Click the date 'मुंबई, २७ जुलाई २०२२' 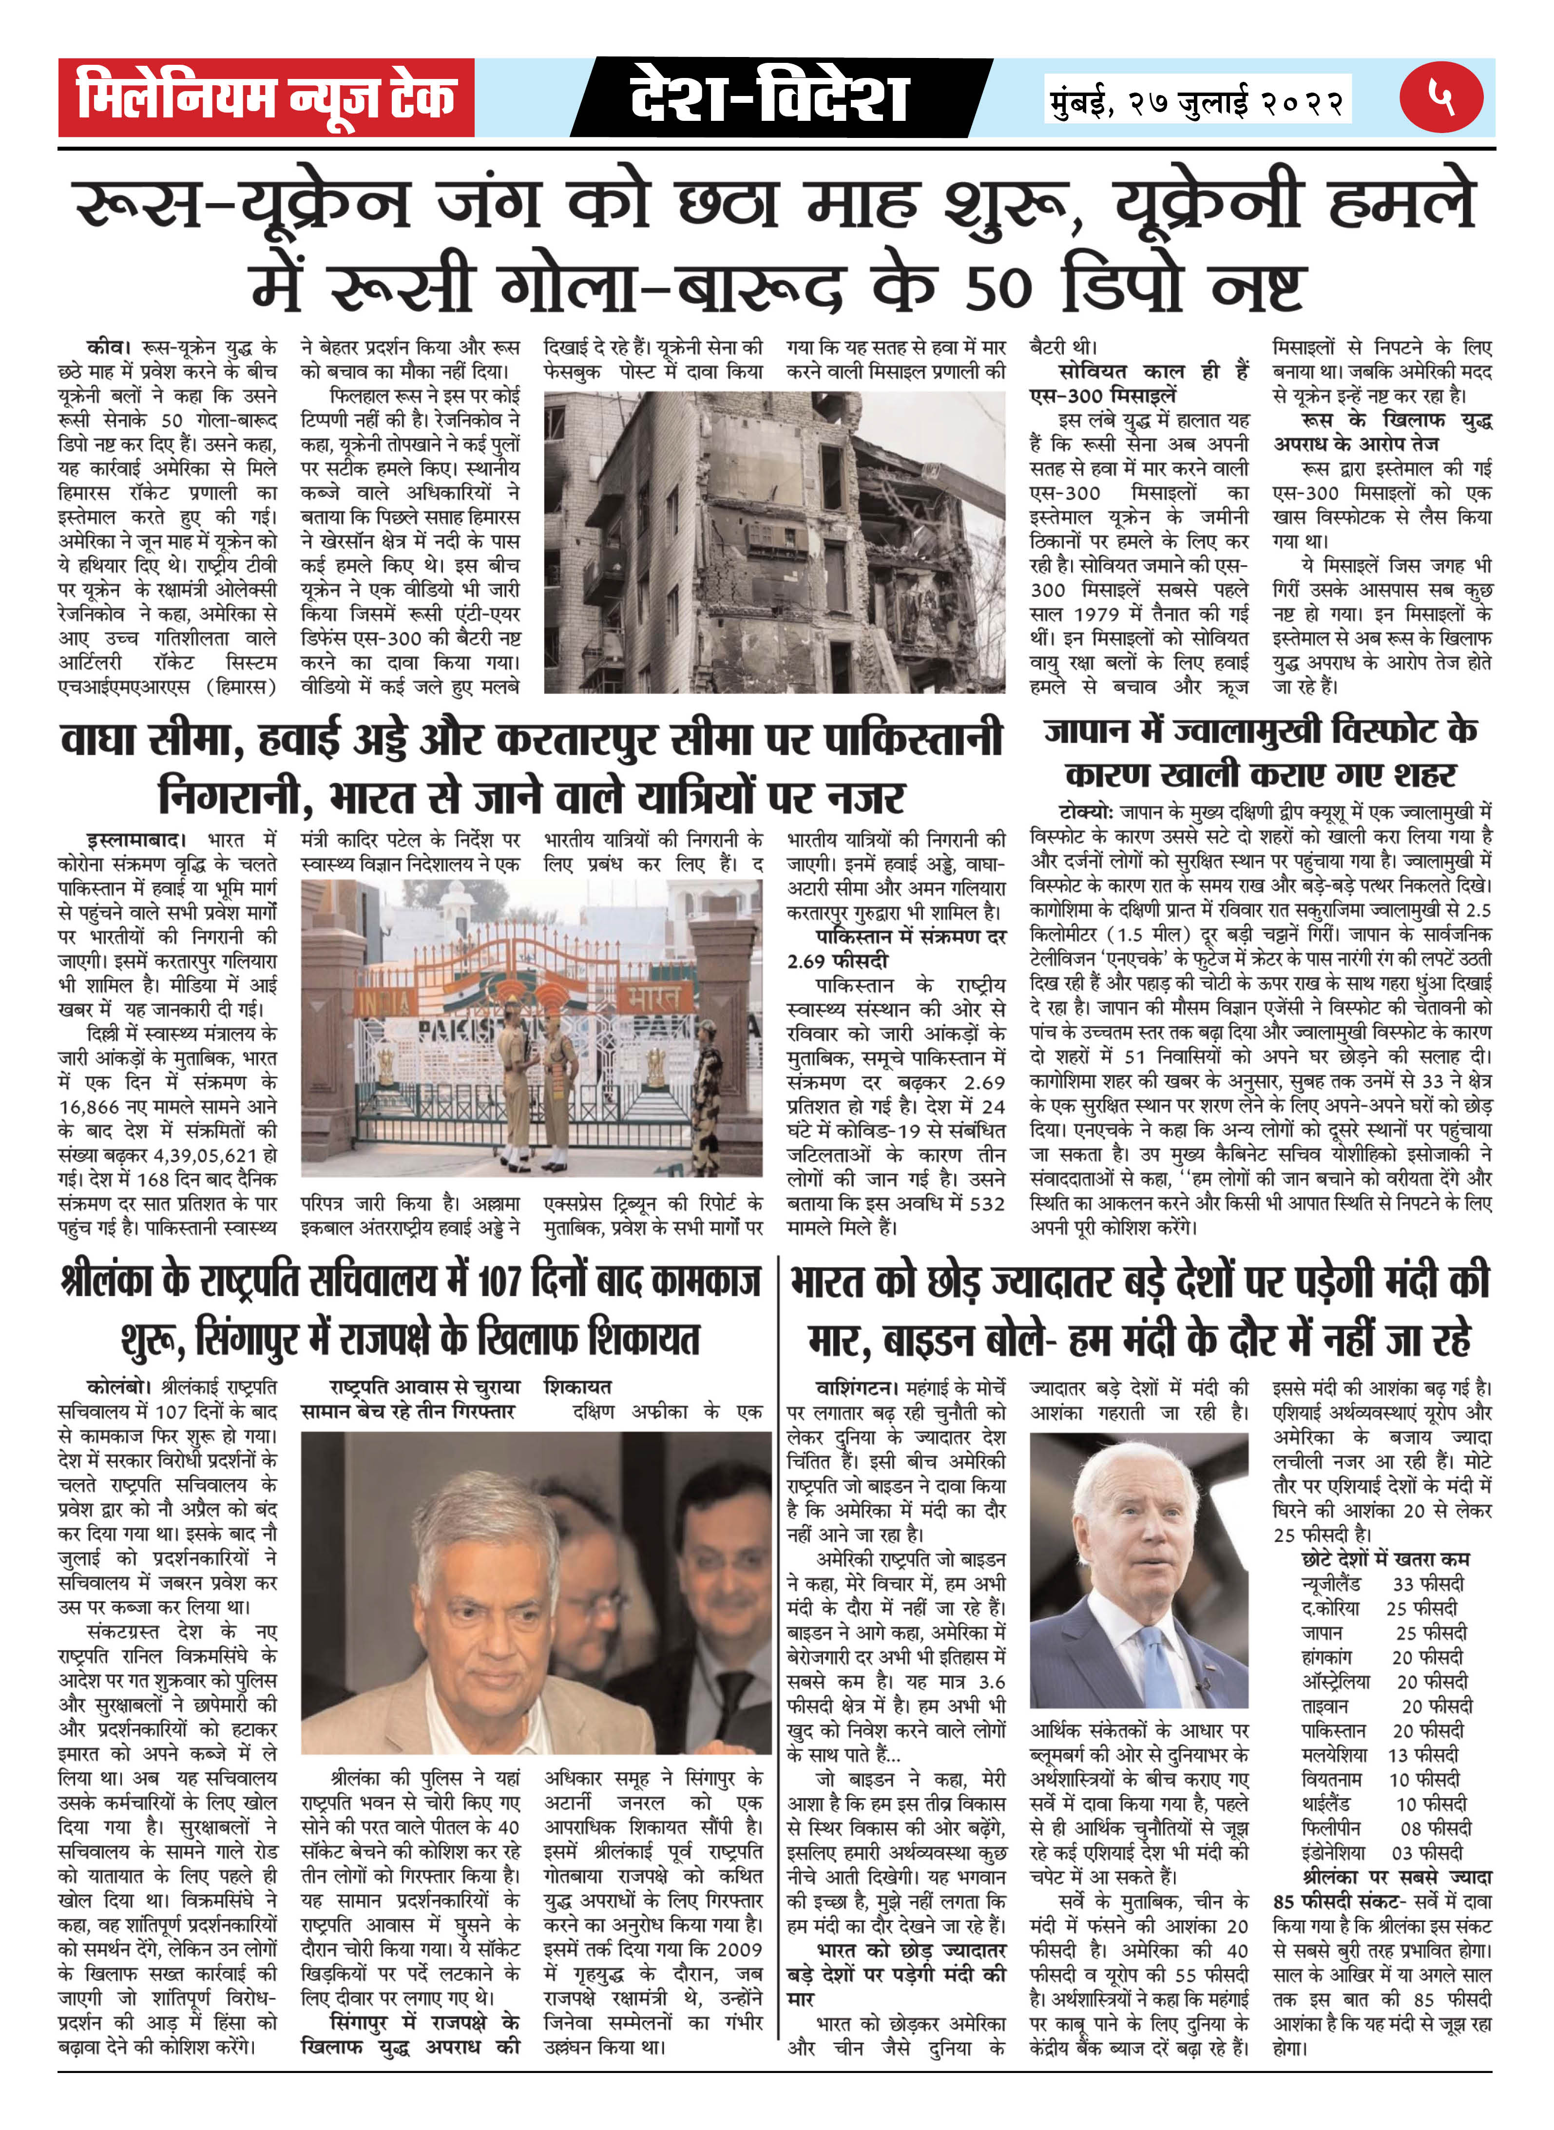[1196, 99]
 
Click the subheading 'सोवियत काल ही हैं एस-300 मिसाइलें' [1138, 384]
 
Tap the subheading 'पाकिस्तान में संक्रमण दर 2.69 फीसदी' [896, 948]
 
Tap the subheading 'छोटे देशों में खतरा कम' [1385, 1559]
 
